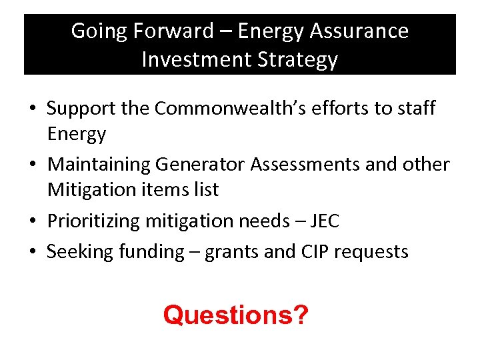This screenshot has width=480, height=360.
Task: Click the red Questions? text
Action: pos(236,314)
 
